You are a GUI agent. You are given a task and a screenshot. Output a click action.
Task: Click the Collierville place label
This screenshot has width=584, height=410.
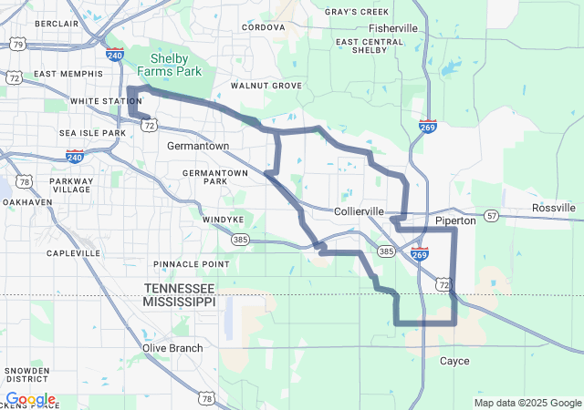[359, 210]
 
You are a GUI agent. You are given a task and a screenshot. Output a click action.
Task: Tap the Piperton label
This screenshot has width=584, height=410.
[455, 220]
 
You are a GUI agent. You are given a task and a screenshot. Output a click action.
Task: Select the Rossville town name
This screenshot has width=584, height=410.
[554, 208]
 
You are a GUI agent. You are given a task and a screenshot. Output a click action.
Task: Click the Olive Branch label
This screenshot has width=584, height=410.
[172, 348]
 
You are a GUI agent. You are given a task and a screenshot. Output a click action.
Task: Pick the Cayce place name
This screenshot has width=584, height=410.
[454, 361]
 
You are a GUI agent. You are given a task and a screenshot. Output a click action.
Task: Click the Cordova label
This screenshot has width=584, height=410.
[264, 27]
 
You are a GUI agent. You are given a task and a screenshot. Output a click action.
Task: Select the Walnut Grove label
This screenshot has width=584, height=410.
[266, 85]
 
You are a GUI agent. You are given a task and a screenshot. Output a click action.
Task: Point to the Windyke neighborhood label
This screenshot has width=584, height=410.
[223, 220]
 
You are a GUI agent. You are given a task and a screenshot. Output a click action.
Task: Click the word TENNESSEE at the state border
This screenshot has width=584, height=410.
[180, 287]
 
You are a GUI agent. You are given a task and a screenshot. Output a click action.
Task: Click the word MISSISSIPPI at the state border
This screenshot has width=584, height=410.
[180, 301]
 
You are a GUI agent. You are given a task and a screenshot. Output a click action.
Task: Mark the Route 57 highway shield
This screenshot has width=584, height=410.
[493, 216]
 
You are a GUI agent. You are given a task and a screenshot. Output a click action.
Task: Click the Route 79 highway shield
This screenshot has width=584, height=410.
[18, 43]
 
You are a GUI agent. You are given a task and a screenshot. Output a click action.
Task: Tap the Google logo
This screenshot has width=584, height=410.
[30, 399]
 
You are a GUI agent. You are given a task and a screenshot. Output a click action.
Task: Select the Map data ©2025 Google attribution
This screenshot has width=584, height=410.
[527, 403]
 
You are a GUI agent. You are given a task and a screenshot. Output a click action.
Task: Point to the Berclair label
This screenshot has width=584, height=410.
[57, 23]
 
